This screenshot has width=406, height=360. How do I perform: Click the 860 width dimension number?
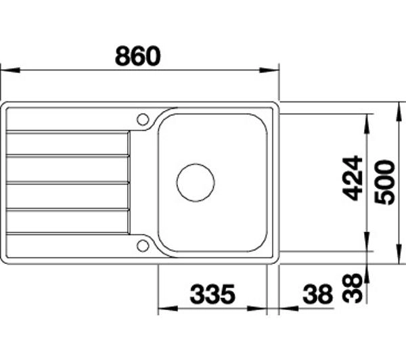coord(138,55)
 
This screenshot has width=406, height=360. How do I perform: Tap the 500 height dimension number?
coord(385,183)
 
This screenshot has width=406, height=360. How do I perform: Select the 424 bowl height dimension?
coord(352,178)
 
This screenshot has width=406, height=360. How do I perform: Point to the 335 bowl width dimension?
coord(212,294)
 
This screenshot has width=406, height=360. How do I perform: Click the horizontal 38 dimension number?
coord(317,294)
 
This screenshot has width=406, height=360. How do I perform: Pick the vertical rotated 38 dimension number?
coord(352,288)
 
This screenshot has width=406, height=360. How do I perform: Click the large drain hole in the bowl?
coord(196,182)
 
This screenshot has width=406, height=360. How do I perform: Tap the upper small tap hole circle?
coord(143,119)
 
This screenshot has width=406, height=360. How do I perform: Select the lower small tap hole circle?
coord(143,246)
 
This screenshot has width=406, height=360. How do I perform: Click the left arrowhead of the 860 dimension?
coord(10,70)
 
